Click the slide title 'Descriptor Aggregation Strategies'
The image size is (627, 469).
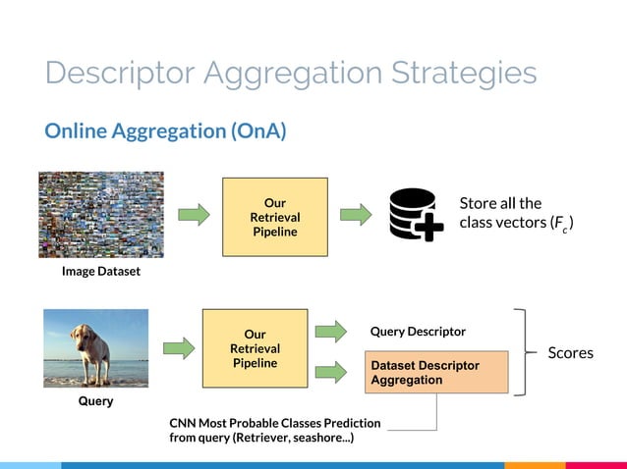coord(291,74)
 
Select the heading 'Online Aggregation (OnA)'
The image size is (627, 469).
coord(165,130)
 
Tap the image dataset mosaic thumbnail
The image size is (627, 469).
coord(101,214)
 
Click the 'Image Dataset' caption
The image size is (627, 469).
coord(101,272)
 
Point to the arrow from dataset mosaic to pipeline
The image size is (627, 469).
coord(194,214)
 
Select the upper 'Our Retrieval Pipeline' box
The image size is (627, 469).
coord(275,217)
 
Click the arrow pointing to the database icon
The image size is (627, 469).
coord(356,214)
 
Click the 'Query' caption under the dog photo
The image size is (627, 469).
coord(95,401)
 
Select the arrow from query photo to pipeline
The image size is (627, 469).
coord(178,348)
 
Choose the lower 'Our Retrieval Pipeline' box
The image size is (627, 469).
coord(255,348)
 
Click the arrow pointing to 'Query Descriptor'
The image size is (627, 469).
coord(331,332)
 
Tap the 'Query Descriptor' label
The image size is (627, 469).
coord(418,332)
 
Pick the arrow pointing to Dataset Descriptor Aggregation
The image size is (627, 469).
coord(331,371)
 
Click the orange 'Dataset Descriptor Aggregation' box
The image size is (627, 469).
coord(436,373)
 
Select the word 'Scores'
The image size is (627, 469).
coord(570,352)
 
